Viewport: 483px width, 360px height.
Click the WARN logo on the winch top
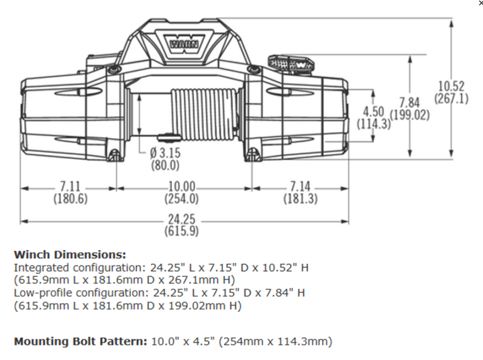click(182, 41)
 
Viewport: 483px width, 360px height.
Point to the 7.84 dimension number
click(409, 103)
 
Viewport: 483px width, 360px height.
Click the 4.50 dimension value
click(374, 111)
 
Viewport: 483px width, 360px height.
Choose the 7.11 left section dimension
click(70, 186)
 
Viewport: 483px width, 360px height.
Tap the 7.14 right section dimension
click(300, 186)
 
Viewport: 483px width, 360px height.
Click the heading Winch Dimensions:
click(70, 255)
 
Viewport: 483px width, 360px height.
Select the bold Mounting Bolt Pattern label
click(80, 341)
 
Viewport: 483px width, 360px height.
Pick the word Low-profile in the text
click(40, 293)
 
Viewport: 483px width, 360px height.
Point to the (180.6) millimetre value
click(70, 199)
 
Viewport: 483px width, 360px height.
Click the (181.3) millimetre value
click(300, 199)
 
